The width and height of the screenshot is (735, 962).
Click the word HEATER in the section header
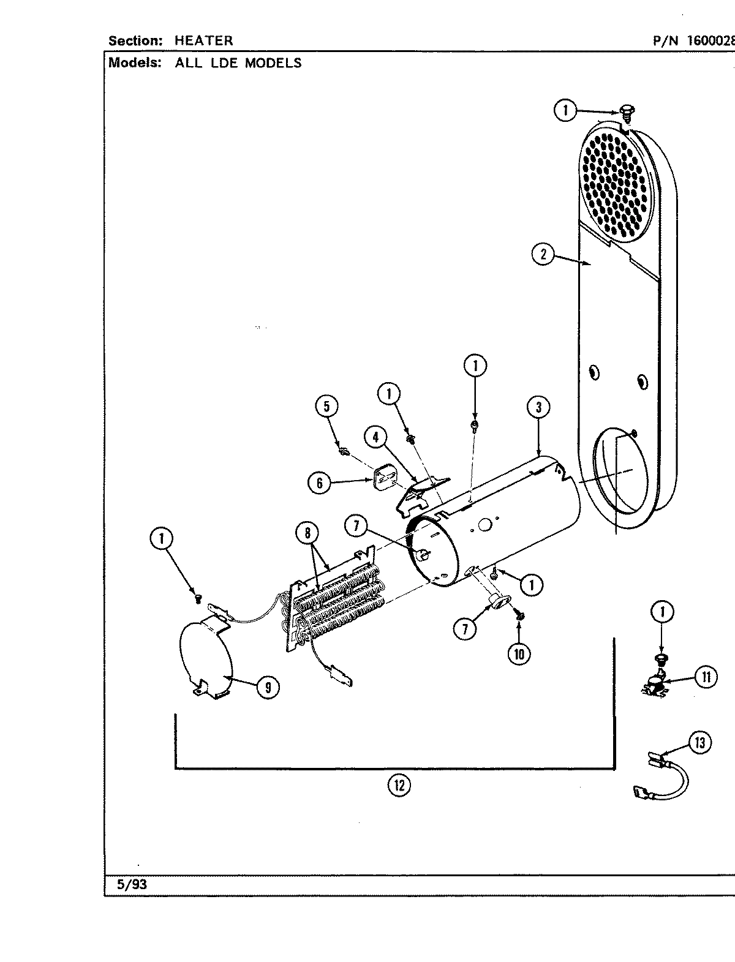[x=203, y=41]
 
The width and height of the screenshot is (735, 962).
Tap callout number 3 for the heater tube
[x=538, y=407]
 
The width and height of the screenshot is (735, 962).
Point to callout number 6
[x=319, y=483]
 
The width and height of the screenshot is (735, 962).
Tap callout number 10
[x=519, y=654]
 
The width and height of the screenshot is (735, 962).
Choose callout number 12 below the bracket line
[x=399, y=784]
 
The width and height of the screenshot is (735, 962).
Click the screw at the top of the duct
[x=627, y=111]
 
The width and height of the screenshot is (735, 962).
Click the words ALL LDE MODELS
[x=238, y=62]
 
